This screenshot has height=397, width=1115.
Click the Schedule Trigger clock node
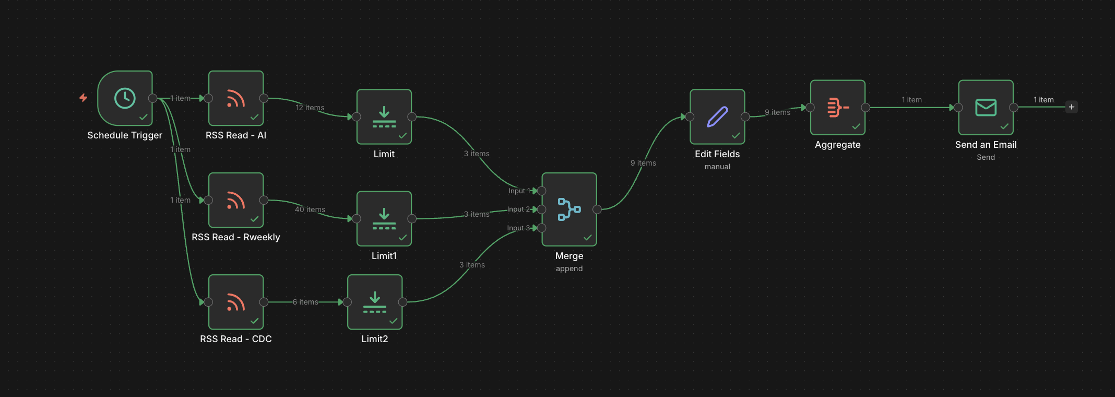125,98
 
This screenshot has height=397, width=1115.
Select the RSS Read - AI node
236,98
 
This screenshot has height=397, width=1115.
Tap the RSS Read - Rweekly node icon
236,200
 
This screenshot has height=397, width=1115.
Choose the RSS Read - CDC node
236,302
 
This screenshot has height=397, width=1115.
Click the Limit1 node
384,218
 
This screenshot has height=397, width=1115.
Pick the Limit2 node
375,302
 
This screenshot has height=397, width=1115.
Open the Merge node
569,209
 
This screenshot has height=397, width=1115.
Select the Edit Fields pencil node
717,116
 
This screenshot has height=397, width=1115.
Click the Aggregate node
837,108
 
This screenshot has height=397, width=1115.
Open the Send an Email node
986,108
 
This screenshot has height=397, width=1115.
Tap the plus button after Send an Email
1072,107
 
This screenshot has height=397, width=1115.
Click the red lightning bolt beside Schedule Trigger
84,98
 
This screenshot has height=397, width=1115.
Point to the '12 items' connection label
310,108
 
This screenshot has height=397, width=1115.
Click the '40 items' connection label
310,209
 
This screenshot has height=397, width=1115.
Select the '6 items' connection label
305,302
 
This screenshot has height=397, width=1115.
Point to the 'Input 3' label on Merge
518,228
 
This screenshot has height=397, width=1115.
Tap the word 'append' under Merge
569,268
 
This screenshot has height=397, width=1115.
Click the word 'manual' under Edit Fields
717,167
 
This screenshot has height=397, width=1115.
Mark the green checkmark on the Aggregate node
856,126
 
